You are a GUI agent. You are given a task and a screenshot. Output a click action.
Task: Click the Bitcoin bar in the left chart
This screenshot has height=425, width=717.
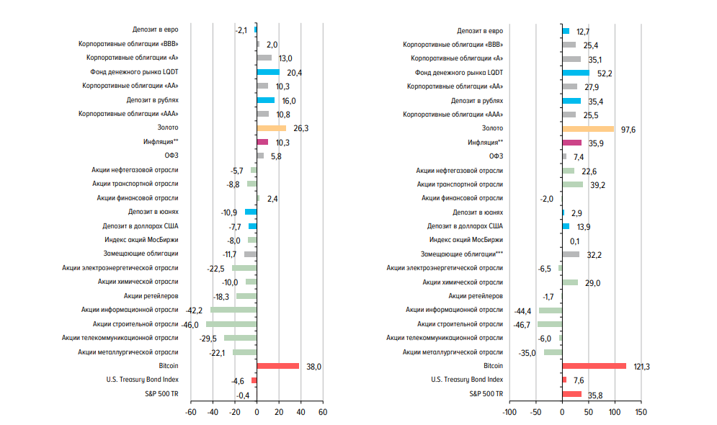coord(277,366)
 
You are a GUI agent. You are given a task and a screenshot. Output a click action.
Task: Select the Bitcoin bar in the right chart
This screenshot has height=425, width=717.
coord(594,366)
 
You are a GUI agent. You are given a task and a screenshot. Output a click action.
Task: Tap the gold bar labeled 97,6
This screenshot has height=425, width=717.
coord(588,129)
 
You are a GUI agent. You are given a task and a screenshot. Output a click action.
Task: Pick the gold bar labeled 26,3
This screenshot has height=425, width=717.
coord(271,129)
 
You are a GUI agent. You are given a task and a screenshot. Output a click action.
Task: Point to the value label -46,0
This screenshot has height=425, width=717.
coord(190,325)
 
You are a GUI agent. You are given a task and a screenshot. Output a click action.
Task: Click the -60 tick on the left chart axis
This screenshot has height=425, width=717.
coord(190,413)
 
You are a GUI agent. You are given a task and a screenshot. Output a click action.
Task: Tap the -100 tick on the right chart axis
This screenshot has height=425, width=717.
coord(509,413)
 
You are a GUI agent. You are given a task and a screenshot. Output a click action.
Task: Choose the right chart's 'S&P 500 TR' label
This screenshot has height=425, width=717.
coord(486,394)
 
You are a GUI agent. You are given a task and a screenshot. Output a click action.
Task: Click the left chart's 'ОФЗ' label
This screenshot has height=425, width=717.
coord(172,156)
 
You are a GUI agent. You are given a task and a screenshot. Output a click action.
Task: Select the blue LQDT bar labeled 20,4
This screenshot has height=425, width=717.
coord(268,73)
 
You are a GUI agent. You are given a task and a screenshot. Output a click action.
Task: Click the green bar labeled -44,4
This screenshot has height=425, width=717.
coord(551,310)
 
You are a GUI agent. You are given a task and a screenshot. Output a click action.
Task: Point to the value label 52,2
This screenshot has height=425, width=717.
coord(605,73)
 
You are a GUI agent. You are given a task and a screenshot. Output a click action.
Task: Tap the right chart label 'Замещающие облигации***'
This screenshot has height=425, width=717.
coord(462,254)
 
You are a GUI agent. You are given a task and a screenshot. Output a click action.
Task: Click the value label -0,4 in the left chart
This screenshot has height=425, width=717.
coord(243,395)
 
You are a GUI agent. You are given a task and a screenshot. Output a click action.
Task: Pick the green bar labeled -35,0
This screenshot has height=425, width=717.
coord(553,352)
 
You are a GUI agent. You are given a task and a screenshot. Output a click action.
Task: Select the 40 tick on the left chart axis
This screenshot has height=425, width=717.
coord(300,413)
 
